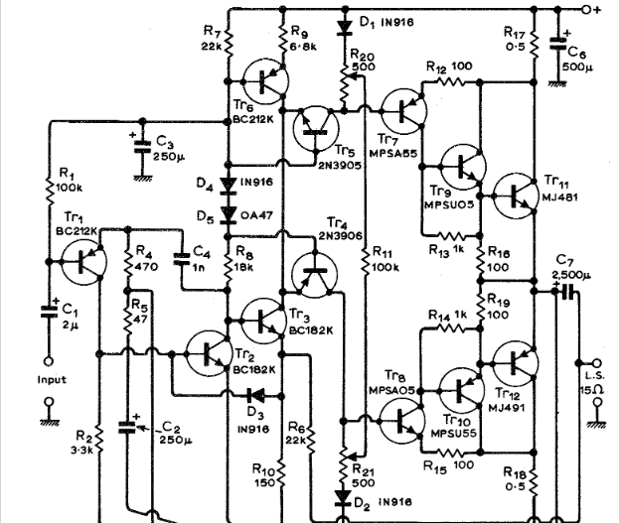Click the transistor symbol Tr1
pyautogui.click(x=84, y=262)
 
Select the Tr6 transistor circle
pyautogui.click(x=265, y=81)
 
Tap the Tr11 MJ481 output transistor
pyautogui.click(x=516, y=196)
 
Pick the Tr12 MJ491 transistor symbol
pyautogui.click(x=516, y=363)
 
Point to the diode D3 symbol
pyautogui.click(x=255, y=395)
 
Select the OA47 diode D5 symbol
pyautogui.click(x=228, y=215)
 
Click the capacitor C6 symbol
pyautogui.click(x=557, y=44)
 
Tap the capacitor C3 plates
pyautogui.click(x=142, y=146)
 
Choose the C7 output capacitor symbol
pyautogui.click(x=567, y=292)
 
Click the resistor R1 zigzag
pyautogui.click(x=50, y=192)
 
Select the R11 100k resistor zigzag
pyautogui.click(x=366, y=262)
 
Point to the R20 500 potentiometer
pyautogui.click(x=345, y=85)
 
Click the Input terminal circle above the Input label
pyautogui.click(x=49, y=361)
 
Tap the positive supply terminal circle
pyautogui.click(x=587, y=10)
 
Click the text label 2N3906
pyautogui.click(x=340, y=236)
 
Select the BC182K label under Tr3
pyautogui.click(x=311, y=330)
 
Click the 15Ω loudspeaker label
pyautogui.click(x=592, y=390)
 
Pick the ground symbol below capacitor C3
pyautogui.click(x=143, y=179)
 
